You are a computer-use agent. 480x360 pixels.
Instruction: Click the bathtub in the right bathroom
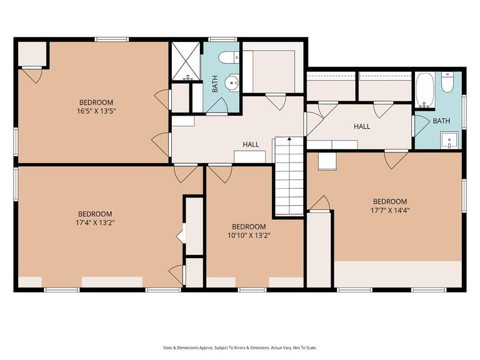[x=426, y=90]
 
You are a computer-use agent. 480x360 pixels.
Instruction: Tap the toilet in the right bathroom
[x=447, y=83]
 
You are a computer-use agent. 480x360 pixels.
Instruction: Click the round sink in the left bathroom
[x=233, y=82]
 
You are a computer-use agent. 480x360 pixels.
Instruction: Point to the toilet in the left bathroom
[x=226, y=58]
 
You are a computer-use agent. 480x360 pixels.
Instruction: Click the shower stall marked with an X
[x=184, y=61]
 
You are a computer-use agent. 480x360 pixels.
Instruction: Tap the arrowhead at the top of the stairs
[x=289, y=139]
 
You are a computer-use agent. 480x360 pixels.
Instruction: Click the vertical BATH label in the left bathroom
[x=215, y=84]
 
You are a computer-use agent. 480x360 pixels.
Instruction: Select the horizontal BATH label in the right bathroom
[x=441, y=121]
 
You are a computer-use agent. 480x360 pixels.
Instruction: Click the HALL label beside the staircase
[x=251, y=144]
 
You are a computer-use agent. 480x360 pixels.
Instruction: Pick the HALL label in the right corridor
[x=362, y=126]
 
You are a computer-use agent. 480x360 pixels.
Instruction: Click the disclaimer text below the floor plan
[x=240, y=347]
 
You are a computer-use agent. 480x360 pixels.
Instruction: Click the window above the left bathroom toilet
[x=219, y=39]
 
